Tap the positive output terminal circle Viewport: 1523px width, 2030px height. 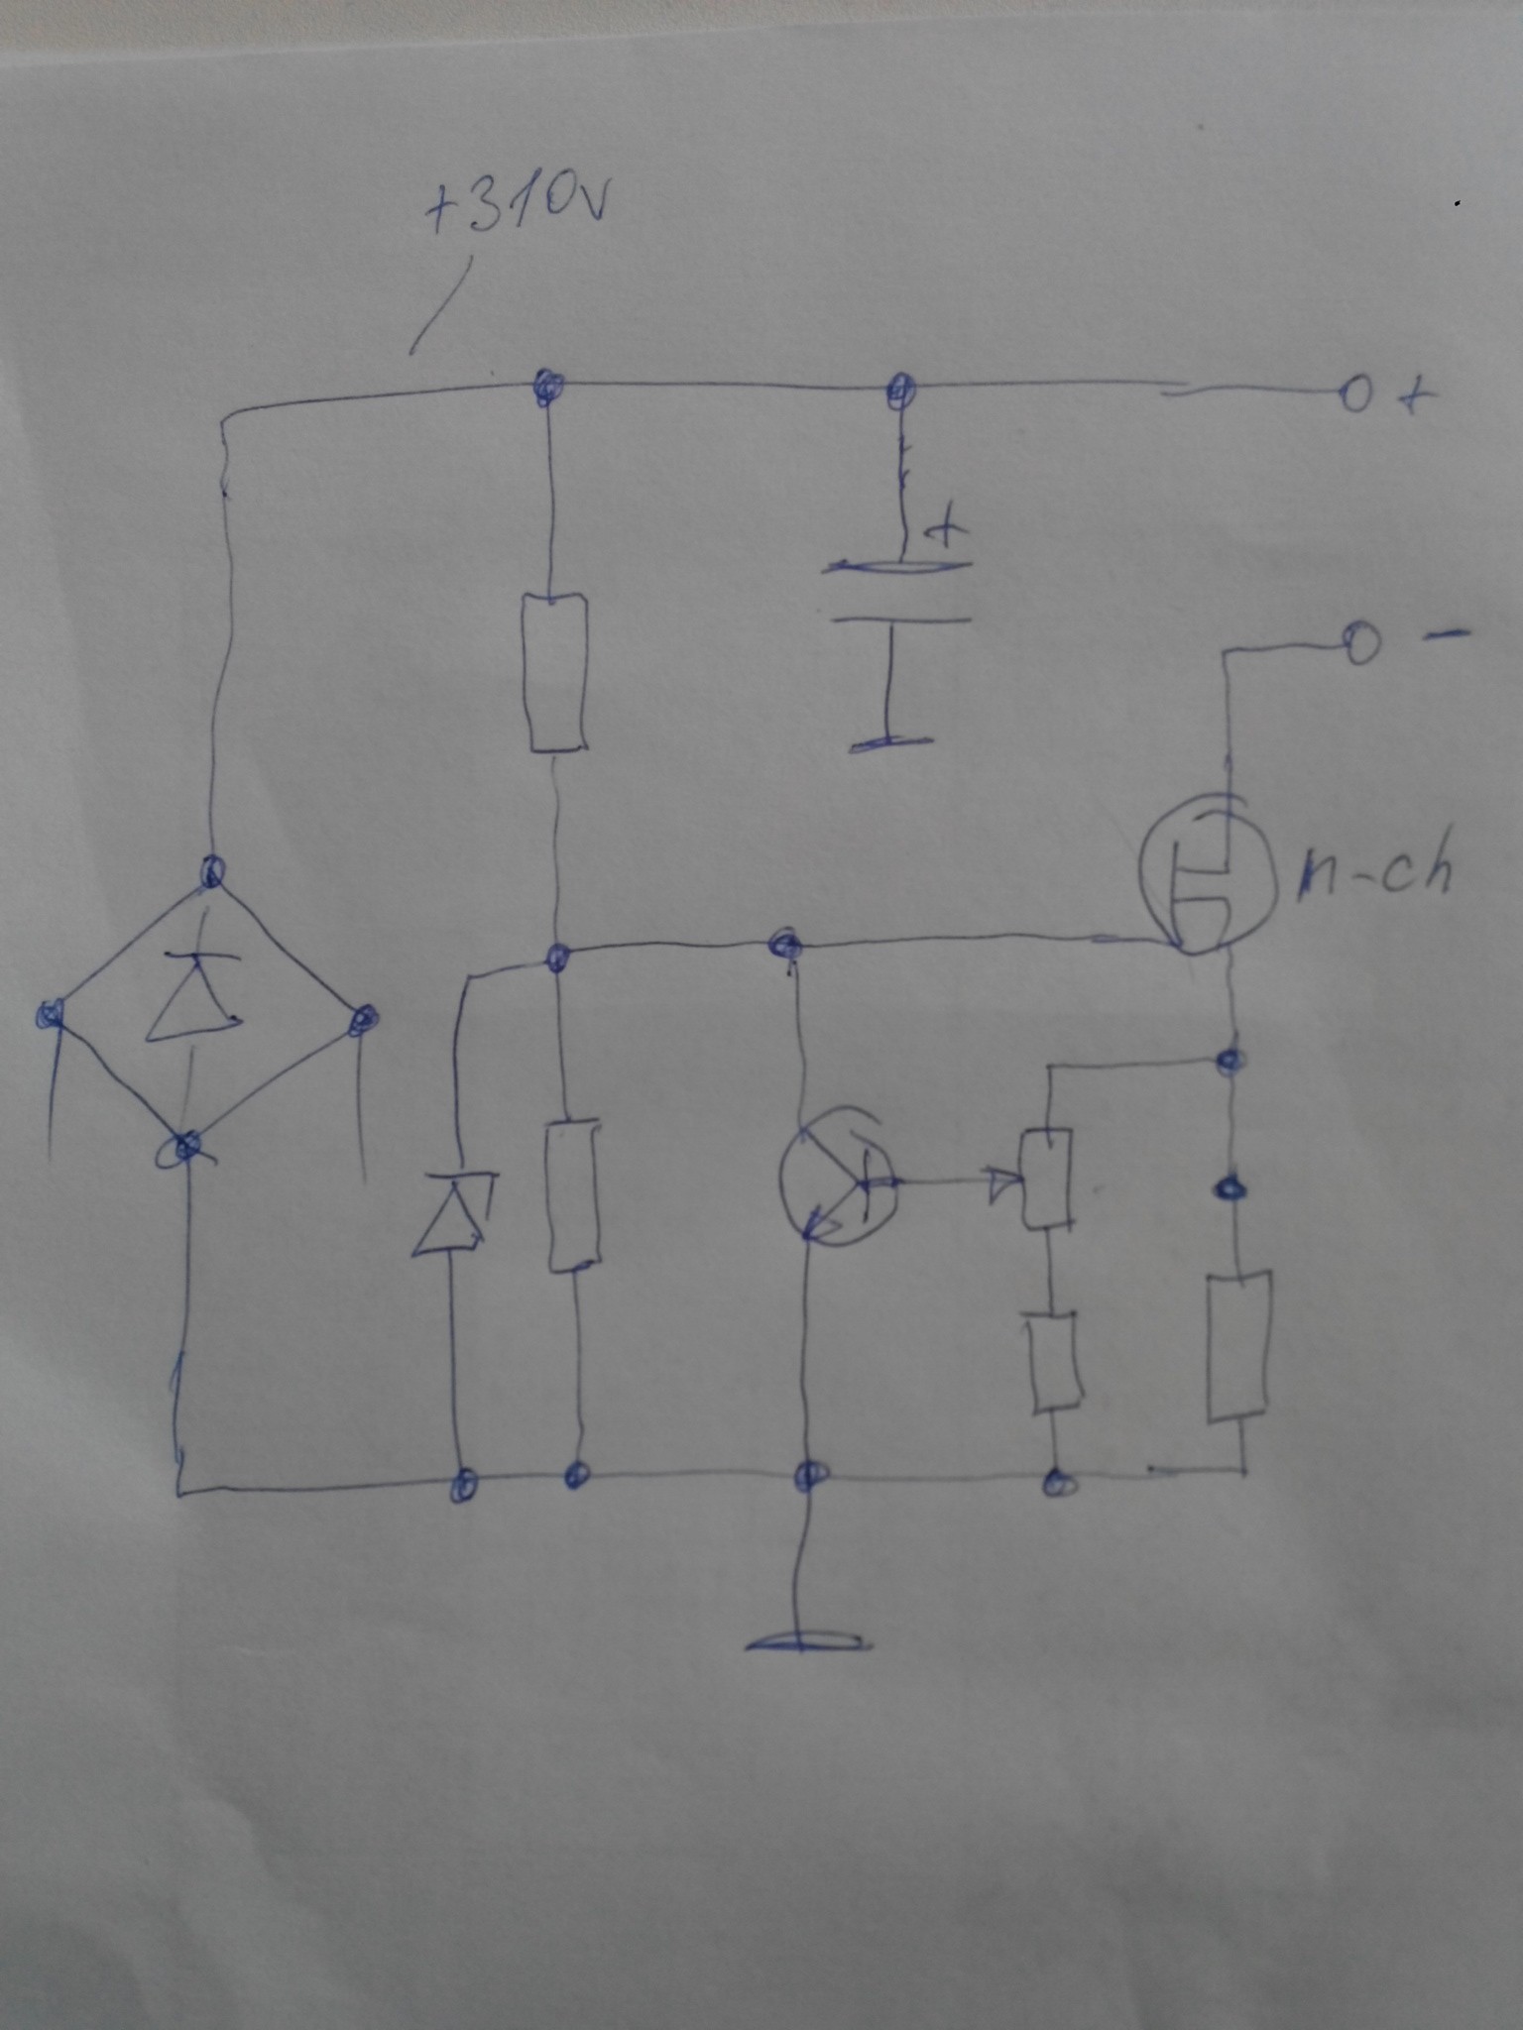click(x=1356, y=396)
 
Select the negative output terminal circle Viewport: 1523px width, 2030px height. click(x=1360, y=644)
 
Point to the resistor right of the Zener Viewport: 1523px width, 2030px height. click(x=572, y=1195)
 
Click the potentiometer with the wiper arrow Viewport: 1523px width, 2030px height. click(x=1046, y=1179)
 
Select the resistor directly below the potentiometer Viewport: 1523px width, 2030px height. click(x=1055, y=1362)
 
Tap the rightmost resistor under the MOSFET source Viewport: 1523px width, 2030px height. click(x=1237, y=1348)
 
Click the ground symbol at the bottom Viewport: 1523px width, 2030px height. click(x=808, y=1643)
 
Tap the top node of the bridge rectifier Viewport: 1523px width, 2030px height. click(x=212, y=872)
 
